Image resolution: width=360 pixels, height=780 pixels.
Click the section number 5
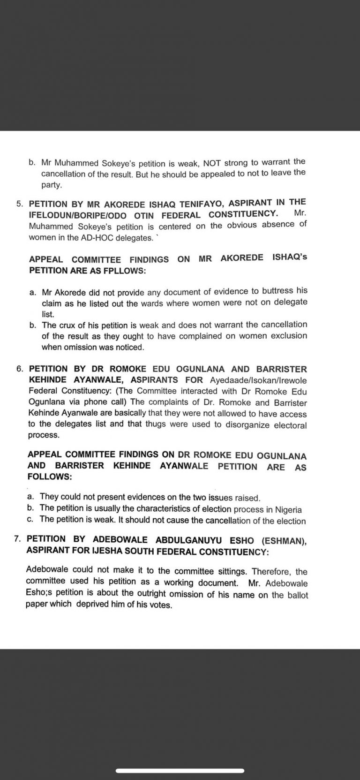pos(19,204)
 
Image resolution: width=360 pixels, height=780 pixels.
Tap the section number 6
pos(20,369)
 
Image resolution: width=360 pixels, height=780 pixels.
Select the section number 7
pos(18,539)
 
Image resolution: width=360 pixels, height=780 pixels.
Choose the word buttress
pos(263,291)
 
